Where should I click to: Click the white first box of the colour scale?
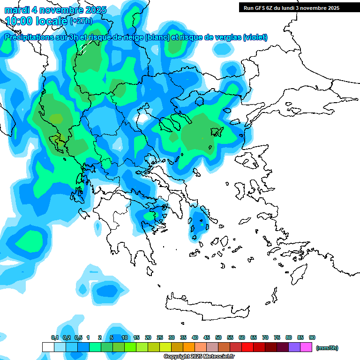click(x=48, y=347)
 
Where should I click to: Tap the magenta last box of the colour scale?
click(x=306, y=347)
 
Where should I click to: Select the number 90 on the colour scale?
click(x=312, y=338)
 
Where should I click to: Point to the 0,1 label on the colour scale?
click(x=55, y=338)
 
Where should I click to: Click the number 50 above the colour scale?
click(x=218, y=338)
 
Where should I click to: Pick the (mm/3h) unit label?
click(x=327, y=348)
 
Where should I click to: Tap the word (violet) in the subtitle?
click(x=255, y=37)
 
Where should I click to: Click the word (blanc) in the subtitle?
click(x=157, y=37)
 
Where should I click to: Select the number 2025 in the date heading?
click(x=93, y=10)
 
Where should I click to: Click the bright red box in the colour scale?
click(x=247, y=347)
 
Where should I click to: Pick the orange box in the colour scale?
click(x=189, y=347)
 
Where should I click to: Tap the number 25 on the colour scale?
click(x=160, y=338)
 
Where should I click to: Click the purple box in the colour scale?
click(x=294, y=347)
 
